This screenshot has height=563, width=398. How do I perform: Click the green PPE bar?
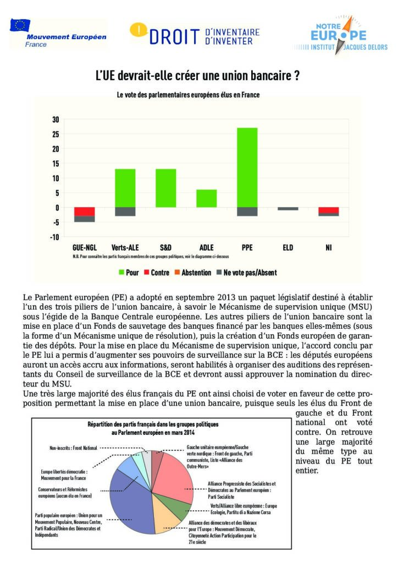click(x=247, y=167)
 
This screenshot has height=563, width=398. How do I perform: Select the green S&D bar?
click(x=165, y=188)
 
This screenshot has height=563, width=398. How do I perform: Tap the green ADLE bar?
click(x=206, y=198)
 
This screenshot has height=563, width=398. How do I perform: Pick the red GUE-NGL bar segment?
click(x=85, y=212)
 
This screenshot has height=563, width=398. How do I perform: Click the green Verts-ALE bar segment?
click(x=125, y=188)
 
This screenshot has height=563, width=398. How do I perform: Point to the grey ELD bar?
click(x=288, y=209)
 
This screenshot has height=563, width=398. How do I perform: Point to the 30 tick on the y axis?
click(x=55, y=119)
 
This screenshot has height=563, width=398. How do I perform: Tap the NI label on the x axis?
click(x=328, y=248)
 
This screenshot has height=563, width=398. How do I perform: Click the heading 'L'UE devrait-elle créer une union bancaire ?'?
click(x=198, y=76)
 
